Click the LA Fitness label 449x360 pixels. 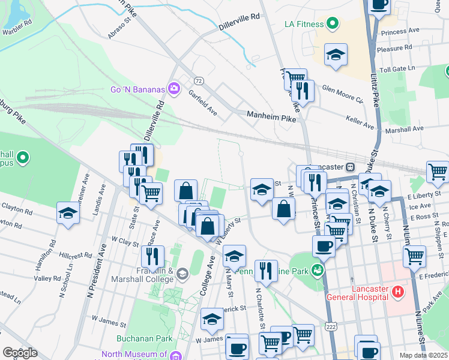(303, 25)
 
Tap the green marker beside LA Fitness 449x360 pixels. (332, 25)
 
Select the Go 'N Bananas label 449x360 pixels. (137, 89)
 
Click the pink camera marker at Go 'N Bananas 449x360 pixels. (174, 89)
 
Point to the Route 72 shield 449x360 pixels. (198, 80)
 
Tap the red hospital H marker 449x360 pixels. (397, 292)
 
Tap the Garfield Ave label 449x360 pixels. (202, 103)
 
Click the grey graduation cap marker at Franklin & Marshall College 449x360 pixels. (182, 274)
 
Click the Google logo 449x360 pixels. (20, 353)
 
